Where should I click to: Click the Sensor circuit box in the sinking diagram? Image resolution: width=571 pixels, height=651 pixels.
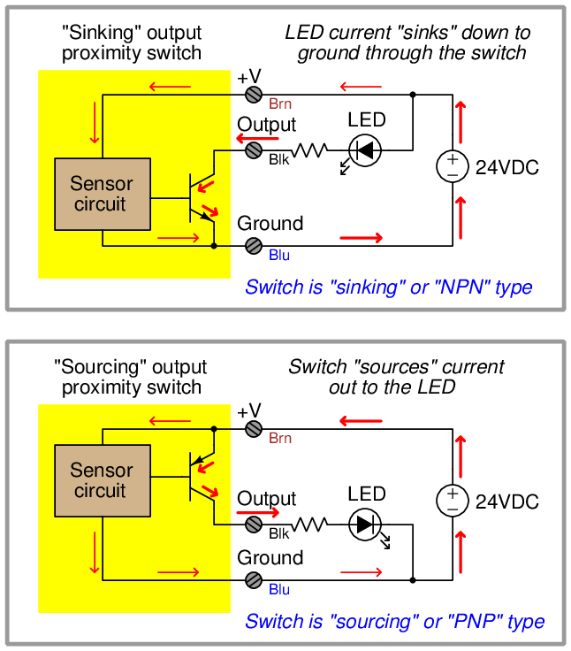[102, 195]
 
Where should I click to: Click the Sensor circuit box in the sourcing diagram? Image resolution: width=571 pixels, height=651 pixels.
[100, 480]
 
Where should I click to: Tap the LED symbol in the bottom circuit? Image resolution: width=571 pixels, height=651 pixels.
[363, 525]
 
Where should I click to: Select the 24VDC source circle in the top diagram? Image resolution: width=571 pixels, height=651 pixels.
[453, 165]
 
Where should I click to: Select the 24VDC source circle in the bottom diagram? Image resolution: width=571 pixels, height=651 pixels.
[452, 502]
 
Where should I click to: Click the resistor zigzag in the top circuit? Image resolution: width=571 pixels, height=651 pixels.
[309, 151]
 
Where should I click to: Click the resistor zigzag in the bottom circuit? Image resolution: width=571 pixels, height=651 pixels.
[309, 525]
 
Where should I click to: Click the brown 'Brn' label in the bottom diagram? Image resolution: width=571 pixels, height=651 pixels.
[280, 439]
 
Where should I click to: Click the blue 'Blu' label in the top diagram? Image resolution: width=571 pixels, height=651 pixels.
[279, 256]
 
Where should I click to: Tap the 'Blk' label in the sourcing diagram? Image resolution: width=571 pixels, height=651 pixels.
[279, 533]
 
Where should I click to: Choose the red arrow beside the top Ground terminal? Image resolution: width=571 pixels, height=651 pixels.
[362, 237]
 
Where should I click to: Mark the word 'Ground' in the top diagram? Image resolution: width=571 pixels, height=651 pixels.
[270, 223]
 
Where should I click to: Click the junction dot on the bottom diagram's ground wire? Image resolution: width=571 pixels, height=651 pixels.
[413, 580]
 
